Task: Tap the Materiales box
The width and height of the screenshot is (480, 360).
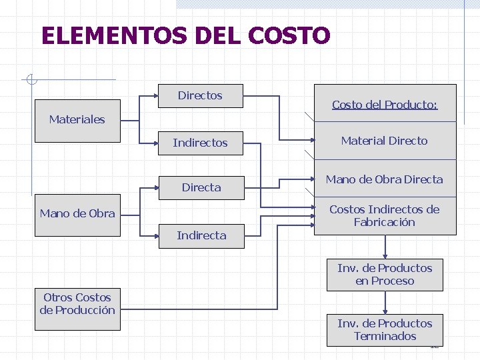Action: pyautogui.click(x=77, y=120)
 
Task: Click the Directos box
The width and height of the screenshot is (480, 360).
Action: pyautogui.click(x=200, y=96)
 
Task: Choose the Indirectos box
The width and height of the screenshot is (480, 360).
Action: pyautogui.click(x=200, y=143)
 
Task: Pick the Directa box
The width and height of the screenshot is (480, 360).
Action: pyautogui.click(x=201, y=187)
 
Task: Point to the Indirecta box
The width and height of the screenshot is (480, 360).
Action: pyautogui.click(x=201, y=235)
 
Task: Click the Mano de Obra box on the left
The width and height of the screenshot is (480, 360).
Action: pyautogui.click(x=77, y=214)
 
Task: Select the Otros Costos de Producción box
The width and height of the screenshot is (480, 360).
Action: pyautogui.click(x=77, y=304)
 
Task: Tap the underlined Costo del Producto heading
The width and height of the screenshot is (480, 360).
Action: pyautogui.click(x=385, y=105)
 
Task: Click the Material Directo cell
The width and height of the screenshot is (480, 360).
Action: pyautogui.click(x=385, y=141)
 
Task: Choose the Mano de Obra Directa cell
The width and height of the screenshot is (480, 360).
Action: pyautogui.click(x=385, y=179)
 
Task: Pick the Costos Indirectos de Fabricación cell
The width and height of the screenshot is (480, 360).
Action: pyautogui.click(x=385, y=215)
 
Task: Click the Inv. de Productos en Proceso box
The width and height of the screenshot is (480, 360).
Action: pyautogui.click(x=385, y=275)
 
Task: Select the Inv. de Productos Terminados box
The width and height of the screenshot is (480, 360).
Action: pyautogui.click(x=385, y=330)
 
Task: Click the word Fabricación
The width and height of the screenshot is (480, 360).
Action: pyautogui.click(x=385, y=223)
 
